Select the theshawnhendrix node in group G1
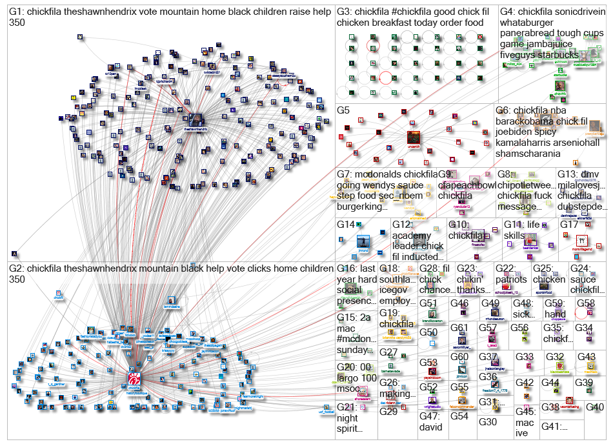pyautogui.click(x=195, y=120)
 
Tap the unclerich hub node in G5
pyautogui.click(x=414, y=137)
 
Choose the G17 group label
pyautogui.click(x=569, y=225)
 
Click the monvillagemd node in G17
pyautogui.click(x=580, y=241)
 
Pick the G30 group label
pyautogui.click(x=488, y=421)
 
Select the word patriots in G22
pyautogui.click(x=511, y=279)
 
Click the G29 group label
pyautogui.click(x=388, y=411)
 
